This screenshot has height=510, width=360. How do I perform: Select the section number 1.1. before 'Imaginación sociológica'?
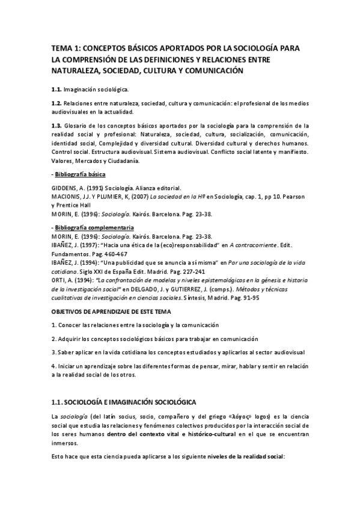tap(56, 89)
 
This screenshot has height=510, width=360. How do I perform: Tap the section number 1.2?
tap(56, 103)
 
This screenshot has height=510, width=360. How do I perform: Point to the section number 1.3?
tap(56, 125)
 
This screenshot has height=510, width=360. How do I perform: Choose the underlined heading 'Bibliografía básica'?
tap(80, 174)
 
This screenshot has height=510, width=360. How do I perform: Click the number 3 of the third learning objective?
tap(53, 352)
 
